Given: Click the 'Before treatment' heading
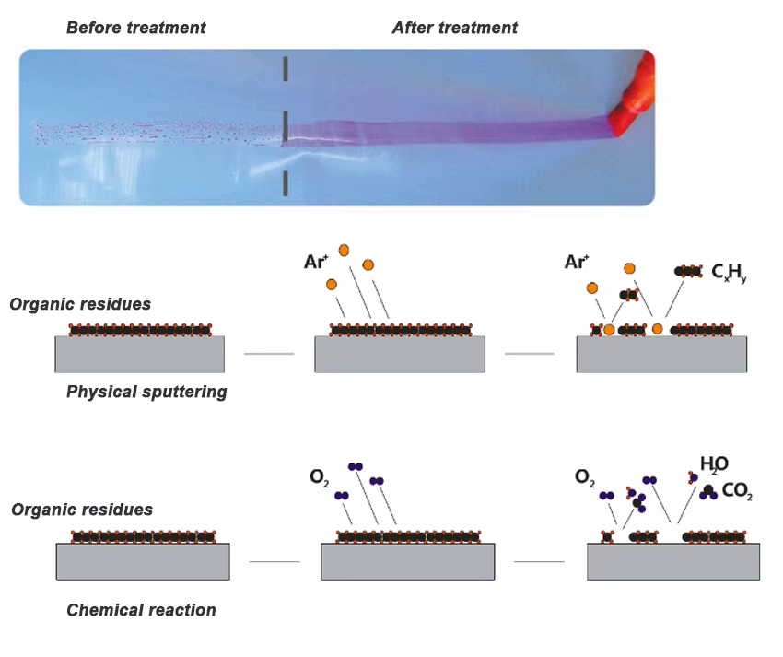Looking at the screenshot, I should [x=135, y=28].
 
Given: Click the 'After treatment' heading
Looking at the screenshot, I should [x=454, y=28].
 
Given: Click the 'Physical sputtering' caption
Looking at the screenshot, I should [x=146, y=392].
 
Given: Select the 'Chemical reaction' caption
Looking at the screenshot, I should [x=141, y=610].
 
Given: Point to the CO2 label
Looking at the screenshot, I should [x=737, y=494].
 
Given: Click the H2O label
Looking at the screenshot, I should [x=714, y=463].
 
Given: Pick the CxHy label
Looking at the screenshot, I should [x=729, y=272].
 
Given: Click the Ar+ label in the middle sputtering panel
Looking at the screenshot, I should [x=316, y=263].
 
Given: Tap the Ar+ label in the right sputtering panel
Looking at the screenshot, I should [x=577, y=263].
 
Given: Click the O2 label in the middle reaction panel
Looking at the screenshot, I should [x=319, y=477].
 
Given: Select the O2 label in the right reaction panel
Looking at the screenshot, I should [x=584, y=477].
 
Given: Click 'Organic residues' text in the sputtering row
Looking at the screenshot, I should [x=81, y=304].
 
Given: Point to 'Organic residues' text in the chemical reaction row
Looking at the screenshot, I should [x=82, y=510].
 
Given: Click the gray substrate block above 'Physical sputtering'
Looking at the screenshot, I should [x=139, y=354].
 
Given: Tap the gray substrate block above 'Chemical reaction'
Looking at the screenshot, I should [x=143, y=561].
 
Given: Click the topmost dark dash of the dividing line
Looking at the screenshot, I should [x=286, y=68].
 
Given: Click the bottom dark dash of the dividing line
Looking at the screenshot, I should [x=286, y=183].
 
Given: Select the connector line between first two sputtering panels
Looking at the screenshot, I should [x=269, y=353].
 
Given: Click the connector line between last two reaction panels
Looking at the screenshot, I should [x=539, y=561].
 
